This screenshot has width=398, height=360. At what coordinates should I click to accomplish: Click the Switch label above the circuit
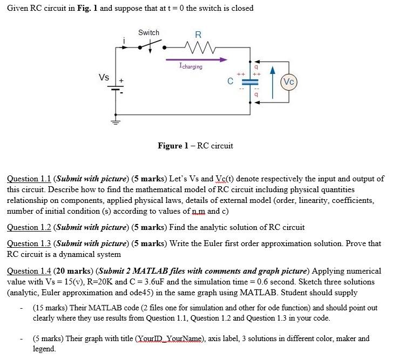pos(149,32)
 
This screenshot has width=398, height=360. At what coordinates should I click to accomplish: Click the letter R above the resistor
pos(198,34)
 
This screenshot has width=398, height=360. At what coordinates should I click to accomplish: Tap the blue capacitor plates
pos(249,82)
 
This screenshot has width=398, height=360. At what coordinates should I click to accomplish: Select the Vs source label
pos(104,77)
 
